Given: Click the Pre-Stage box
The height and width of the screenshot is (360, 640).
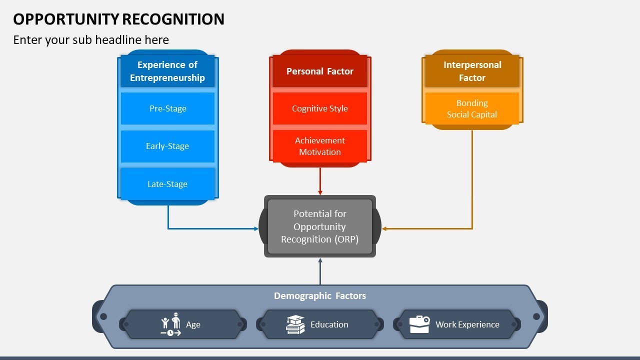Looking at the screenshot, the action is [x=167, y=108].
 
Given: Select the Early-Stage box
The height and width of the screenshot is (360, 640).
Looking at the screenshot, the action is [x=167, y=146].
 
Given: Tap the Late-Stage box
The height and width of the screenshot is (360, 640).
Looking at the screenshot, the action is [x=167, y=184].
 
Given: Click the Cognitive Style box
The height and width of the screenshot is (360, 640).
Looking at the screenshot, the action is [x=319, y=108].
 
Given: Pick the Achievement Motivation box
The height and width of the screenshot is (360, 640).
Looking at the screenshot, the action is [x=319, y=146].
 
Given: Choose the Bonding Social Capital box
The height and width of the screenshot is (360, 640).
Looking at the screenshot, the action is [x=472, y=108].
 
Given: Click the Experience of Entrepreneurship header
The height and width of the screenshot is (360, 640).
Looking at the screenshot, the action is [x=167, y=71].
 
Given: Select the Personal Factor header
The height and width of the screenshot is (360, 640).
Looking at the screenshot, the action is [x=319, y=71].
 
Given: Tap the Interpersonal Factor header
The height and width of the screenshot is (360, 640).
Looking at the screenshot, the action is [x=472, y=71].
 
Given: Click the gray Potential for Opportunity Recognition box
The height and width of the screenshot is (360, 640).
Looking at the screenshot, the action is [x=319, y=226].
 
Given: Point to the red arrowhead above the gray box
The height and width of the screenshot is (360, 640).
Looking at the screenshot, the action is [x=320, y=193].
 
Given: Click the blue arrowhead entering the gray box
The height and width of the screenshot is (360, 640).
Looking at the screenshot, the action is [x=256, y=228].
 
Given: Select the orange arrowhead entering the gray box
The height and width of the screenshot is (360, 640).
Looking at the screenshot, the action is [x=384, y=228].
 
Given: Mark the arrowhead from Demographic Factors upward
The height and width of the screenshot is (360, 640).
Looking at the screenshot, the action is [x=320, y=260].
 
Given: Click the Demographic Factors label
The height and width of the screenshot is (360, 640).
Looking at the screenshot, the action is [x=319, y=295].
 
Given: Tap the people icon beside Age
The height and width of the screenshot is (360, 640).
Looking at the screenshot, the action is [x=171, y=324].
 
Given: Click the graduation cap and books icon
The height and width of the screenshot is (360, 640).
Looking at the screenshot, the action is [x=295, y=324].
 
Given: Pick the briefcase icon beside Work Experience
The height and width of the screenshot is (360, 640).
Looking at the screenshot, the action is [x=419, y=324].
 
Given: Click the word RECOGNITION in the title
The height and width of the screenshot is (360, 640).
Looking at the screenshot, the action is [x=173, y=19].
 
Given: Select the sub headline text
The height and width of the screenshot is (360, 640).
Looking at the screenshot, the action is [x=91, y=39].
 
